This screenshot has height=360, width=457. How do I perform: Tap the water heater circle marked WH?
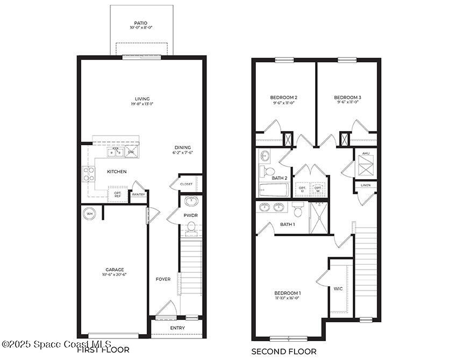89,214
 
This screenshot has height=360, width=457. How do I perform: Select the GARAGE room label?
115,270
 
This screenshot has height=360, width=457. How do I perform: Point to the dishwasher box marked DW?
131,152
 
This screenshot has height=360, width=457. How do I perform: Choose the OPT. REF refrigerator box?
117,194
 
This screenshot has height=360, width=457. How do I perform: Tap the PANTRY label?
138,195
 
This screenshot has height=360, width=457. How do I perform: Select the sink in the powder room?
191,201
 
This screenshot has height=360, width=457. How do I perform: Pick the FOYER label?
163,279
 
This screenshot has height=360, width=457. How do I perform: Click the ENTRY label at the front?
177,328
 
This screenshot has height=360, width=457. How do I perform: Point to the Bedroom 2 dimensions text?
283,103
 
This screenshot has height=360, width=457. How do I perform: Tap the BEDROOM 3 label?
347,97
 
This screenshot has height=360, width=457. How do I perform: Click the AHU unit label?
366,153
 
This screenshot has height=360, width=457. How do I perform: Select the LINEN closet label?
366,185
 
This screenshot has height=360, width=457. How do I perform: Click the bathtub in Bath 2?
274,190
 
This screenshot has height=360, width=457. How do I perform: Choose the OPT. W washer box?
318,189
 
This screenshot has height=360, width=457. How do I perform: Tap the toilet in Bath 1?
298,209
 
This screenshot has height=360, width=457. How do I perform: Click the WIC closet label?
338,289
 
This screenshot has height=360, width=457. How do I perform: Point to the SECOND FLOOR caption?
284,351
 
